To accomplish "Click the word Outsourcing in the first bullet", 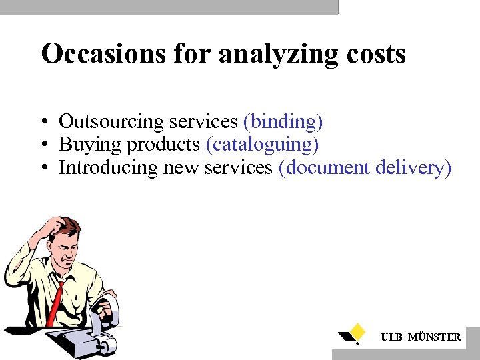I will [x=111, y=121].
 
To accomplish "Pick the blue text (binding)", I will [x=283, y=122].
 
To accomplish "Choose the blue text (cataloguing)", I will [x=262, y=145].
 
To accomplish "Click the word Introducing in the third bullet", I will [x=109, y=167].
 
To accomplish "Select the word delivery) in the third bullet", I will [x=413, y=168].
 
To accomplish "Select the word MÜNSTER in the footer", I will [x=434, y=337].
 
